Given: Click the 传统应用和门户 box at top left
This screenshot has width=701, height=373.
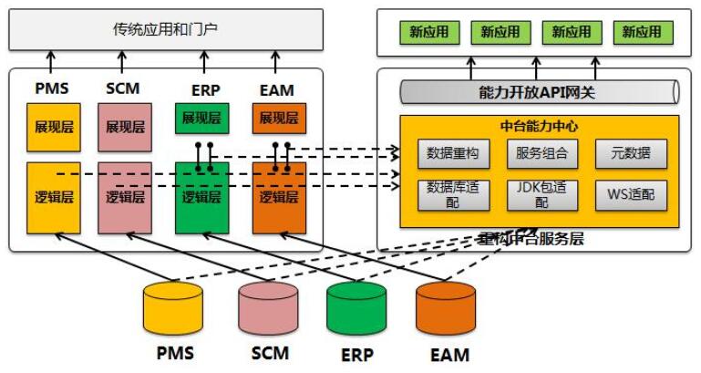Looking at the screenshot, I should [x=165, y=29].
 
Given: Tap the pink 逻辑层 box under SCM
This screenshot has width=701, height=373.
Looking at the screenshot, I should [x=125, y=196].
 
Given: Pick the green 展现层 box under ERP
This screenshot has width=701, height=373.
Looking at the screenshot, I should [x=201, y=118].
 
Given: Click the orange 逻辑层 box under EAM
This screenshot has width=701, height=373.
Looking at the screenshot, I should [x=279, y=196].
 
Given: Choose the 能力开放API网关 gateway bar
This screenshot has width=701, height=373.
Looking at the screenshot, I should [x=537, y=91].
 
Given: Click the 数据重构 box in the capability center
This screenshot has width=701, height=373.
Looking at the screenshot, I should [x=447, y=153].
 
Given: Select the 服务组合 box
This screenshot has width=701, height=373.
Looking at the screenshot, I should [x=541, y=153].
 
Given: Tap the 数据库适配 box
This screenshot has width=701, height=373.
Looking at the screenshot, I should [x=447, y=193].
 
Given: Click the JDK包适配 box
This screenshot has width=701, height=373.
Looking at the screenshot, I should [x=541, y=193].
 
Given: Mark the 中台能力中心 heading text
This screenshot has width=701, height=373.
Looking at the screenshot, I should [x=539, y=126].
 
